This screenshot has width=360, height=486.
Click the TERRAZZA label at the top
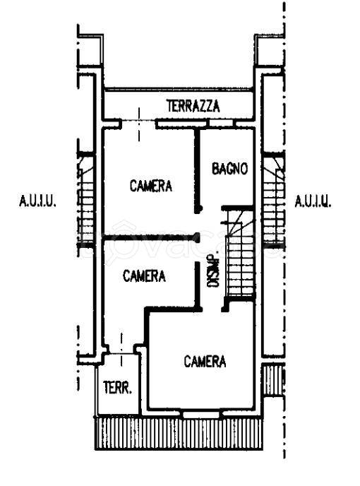(193, 107)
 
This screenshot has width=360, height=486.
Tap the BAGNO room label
(229, 169)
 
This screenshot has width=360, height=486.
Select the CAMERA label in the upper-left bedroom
(151, 186)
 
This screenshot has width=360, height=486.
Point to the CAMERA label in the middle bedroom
(144, 276)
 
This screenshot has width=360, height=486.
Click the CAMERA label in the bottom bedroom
(205, 362)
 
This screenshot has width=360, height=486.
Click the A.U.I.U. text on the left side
(37, 201)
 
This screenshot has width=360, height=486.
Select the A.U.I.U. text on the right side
(313, 201)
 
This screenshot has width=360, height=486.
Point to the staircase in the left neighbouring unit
(87, 201)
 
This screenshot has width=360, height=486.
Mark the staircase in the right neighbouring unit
(272, 201)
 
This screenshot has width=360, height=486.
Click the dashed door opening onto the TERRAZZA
(139, 124)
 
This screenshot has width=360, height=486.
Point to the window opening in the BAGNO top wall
(222, 124)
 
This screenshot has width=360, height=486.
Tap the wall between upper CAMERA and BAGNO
(198, 170)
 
